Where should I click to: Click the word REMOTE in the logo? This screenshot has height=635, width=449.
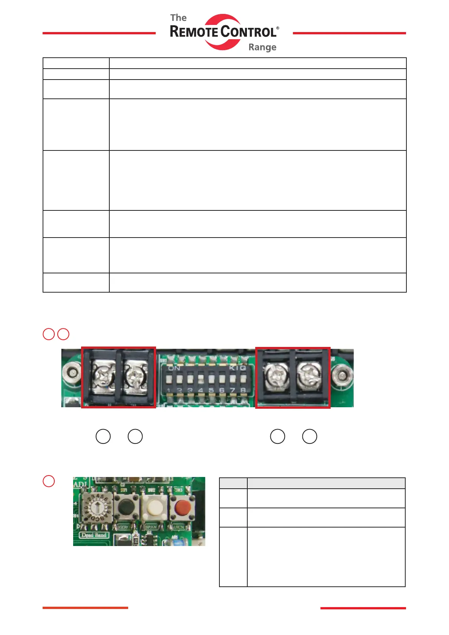click(194, 32)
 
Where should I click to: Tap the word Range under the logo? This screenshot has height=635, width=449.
click(262, 48)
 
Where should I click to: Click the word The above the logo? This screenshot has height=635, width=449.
click(178, 18)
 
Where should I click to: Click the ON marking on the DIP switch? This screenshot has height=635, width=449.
click(174, 368)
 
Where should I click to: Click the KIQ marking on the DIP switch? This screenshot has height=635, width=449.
click(238, 368)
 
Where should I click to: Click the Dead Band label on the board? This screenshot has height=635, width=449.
click(94, 535)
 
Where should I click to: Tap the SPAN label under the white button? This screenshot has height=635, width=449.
click(151, 527)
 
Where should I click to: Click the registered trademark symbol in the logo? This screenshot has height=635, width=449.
click(278, 28)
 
